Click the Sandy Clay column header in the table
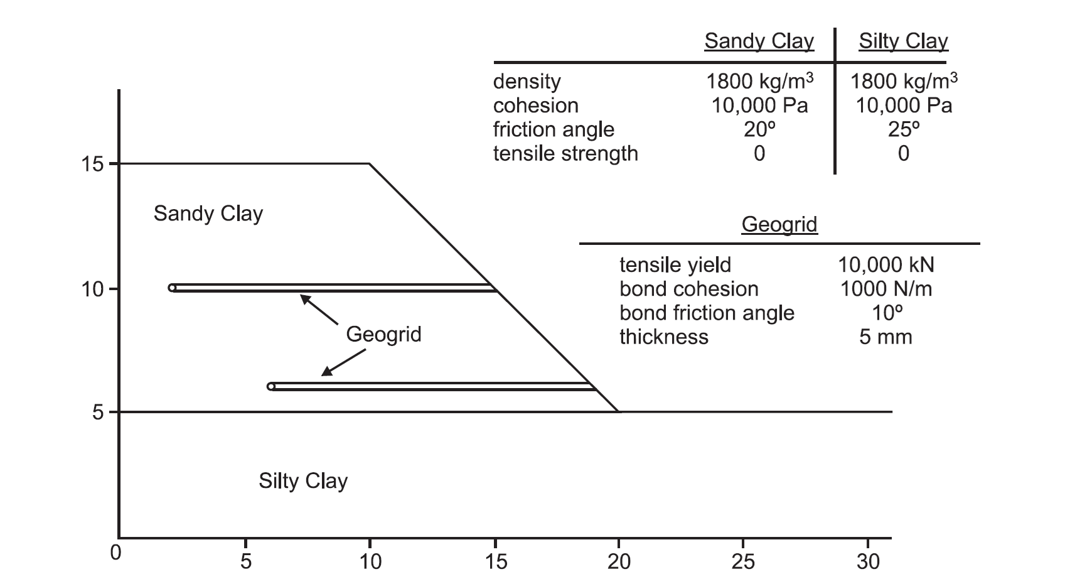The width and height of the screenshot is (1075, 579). point(759,41)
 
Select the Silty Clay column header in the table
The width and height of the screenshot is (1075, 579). point(903,41)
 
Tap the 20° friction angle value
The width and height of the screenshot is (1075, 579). point(759,129)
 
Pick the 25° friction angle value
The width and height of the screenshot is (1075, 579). point(904,129)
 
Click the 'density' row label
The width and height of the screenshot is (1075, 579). point(527,82)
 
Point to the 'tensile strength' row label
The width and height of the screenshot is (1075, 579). point(565,153)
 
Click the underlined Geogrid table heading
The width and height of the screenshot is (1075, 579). point(779,224)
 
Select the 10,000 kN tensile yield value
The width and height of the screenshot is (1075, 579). point(885,265)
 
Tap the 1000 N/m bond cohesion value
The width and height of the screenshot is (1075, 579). point(885,289)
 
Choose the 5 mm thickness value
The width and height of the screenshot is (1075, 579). point(885,337)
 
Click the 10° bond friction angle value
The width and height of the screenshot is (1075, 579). point(885,313)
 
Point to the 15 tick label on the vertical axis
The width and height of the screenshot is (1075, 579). point(92,165)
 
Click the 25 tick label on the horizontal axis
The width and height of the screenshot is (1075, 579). point(743,561)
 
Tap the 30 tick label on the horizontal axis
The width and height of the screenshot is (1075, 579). point(868,561)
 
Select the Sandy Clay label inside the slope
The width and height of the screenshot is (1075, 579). point(208,214)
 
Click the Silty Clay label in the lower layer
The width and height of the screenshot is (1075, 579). point(302,481)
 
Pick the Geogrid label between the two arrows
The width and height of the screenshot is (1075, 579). point(383,334)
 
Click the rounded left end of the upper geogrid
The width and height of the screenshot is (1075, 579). point(173,288)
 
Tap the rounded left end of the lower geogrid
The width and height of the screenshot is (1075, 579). point(271,386)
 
